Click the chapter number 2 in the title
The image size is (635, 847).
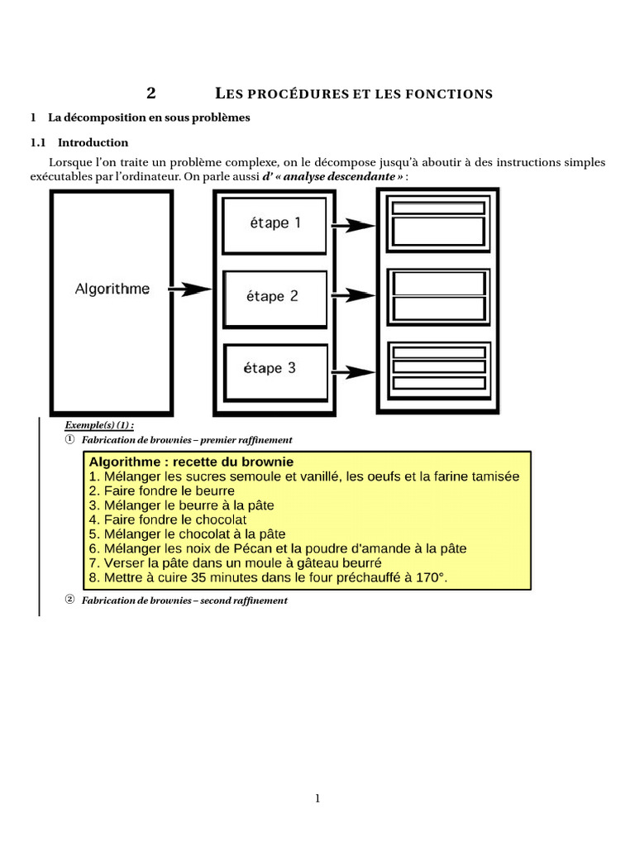tap(150, 93)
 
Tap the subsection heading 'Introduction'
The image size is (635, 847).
tap(93, 142)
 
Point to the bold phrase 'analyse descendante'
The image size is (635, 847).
tap(341, 177)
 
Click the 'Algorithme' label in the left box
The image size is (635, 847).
tap(112, 289)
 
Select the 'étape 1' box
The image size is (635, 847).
tap(275, 223)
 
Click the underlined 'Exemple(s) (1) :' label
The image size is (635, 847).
tap(99, 425)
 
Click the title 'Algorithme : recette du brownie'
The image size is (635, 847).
tap(191, 462)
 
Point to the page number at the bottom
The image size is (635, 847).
tap(317, 798)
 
